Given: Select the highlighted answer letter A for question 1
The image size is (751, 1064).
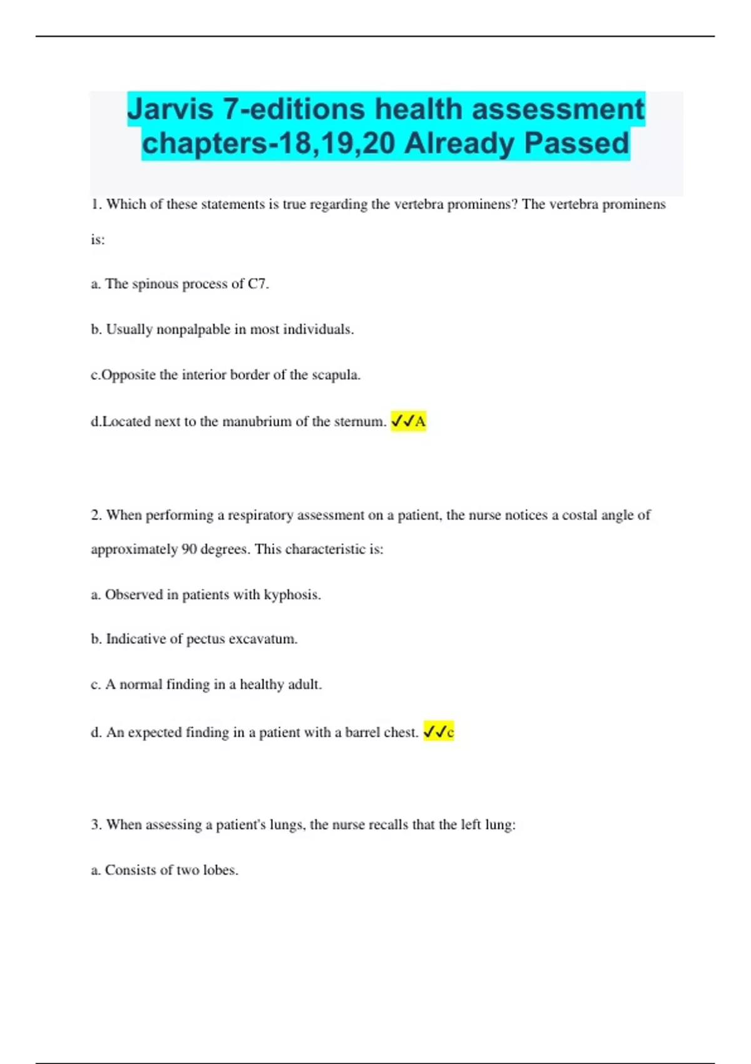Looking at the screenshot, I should [421, 422].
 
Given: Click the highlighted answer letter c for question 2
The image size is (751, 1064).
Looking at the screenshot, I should [450, 732].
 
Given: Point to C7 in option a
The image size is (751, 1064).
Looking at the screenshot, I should [257, 284].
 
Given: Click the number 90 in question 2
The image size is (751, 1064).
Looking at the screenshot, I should [189, 550].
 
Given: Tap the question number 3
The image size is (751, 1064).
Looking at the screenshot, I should [96, 825].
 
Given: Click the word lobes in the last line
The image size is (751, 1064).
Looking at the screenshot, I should [220, 870].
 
